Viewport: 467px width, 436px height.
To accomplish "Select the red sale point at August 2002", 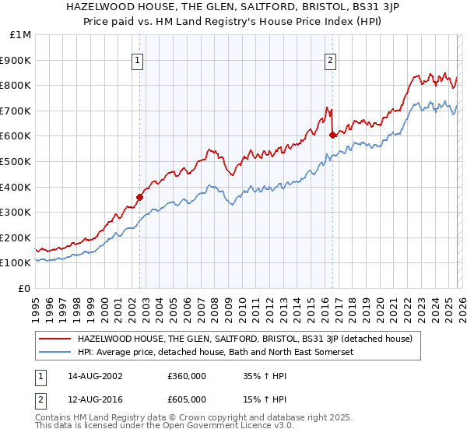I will [139, 197].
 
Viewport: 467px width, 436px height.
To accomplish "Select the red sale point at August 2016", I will [332, 134].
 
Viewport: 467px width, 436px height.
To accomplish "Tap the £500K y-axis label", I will [17, 161].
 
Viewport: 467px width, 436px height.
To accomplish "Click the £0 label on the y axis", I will [24, 288].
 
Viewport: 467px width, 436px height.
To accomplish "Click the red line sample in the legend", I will [55, 339].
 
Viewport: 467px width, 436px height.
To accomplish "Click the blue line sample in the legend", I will [55, 353].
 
